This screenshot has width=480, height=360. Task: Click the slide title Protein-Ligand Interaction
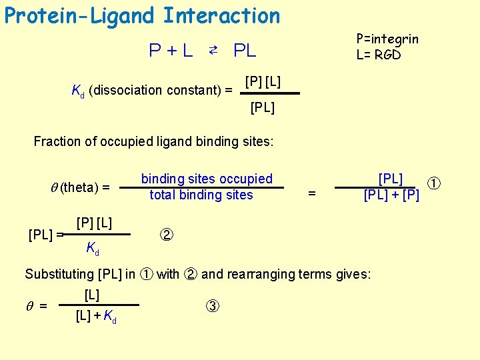coord(142,15)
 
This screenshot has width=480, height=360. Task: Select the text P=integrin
coord(387,39)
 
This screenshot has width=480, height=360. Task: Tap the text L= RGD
coord(379,55)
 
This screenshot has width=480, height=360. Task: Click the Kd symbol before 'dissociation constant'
coord(77,91)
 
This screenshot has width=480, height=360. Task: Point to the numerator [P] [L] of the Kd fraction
coord(263,82)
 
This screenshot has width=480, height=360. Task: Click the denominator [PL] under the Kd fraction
coord(262,107)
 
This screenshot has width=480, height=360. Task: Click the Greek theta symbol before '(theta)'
coord(54,188)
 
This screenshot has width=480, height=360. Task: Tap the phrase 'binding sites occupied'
coord(207,179)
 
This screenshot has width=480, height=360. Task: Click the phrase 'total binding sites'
coord(201,195)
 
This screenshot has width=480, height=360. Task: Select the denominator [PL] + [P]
coord(391,195)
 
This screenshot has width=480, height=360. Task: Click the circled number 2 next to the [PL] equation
coord(166,235)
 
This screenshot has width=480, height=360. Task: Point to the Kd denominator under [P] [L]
coord(93,249)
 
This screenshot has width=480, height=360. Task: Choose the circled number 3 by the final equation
coord(211,307)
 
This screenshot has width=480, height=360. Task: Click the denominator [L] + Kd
coord(97,317)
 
